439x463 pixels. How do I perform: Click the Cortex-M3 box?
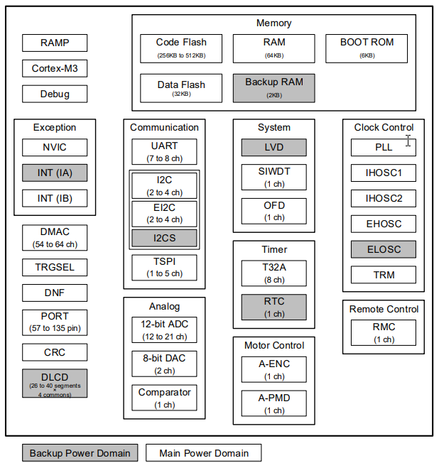[x=55, y=68]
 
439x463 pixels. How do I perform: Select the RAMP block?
[x=55, y=43]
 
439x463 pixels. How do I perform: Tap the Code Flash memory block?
[x=180, y=48]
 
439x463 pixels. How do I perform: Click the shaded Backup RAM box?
[x=273, y=87]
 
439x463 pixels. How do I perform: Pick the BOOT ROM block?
[x=367, y=48]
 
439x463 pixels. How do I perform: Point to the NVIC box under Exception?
[x=55, y=148]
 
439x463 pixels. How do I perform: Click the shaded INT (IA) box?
[x=55, y=173]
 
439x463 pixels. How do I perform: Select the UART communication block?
[x=164, y=150]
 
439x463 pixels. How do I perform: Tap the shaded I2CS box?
[x=164, y=238]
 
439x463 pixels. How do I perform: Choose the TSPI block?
[x=164, y=267]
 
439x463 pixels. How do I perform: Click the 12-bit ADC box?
[x=164, y=329]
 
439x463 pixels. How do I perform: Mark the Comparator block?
[x=164, y=397]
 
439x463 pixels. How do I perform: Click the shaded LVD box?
[x=273, y=148]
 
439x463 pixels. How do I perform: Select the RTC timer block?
[x=273, y=307]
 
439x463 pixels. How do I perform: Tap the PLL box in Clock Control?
[x=383, y=148]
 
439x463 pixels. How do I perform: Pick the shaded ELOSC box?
[x=383, y=249]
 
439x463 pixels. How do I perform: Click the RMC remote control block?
[x=384, y=332]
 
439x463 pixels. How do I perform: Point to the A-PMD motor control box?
[x=273, y=403]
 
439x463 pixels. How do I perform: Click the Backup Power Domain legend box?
[x=80, y=453]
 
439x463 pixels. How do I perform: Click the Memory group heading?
[x=273, y=23]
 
